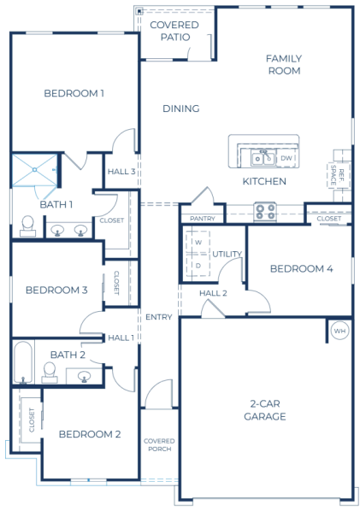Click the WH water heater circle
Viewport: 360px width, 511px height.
[339, 331]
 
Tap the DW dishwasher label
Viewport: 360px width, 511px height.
[286, 158]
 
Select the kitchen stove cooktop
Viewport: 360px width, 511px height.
[265, 211]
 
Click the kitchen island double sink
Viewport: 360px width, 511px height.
[263, 158]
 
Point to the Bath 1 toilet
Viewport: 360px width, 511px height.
[27, 226]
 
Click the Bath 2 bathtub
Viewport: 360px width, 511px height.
[23, 361]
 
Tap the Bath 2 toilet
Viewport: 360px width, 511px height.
[50, 373]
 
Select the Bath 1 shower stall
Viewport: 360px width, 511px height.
[34, 170]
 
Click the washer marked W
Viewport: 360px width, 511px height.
[198, 242]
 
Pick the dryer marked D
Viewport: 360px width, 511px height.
[198, 266]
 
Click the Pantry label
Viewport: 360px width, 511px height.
[203, 219]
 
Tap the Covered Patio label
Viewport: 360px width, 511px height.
[174, 31]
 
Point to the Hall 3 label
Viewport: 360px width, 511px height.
[121, 172]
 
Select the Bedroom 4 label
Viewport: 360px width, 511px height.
[301, 268]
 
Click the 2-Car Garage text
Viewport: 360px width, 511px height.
[265, 410]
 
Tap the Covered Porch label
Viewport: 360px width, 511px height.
[159, 445]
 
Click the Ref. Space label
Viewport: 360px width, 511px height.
[337, 175]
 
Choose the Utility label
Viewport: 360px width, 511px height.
[227, 254]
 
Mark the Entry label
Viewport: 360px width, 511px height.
[158, 317]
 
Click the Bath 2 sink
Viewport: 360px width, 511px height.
[84, 376]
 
